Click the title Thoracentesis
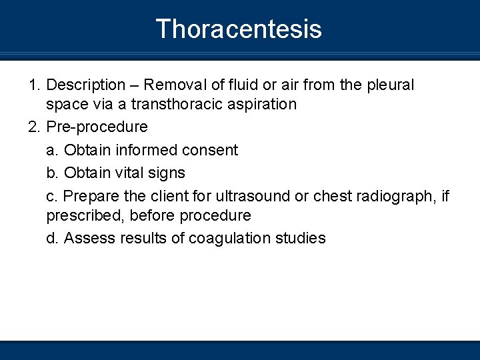[239, 29]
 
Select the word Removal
[173, 85]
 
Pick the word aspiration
[261, 104]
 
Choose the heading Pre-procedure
[97, 127]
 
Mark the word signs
[166, 173]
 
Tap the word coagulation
[227, 238]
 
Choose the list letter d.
[52, 238]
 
